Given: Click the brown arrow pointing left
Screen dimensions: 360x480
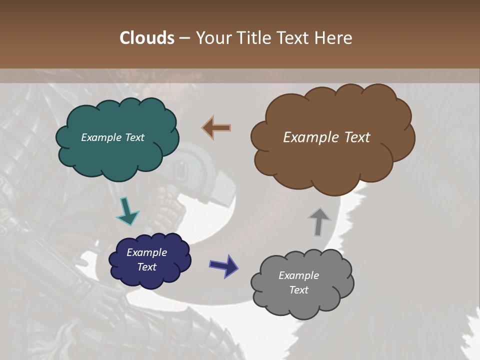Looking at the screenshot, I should [216, 127].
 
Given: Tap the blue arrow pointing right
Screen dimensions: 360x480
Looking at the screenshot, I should [223, 265].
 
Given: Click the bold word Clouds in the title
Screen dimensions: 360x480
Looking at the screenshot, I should [147, 38].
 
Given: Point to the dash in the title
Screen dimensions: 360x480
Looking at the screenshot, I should [185, 38].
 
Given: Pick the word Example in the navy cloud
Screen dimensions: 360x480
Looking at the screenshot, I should [146, 252].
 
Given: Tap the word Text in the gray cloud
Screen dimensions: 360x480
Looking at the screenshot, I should [298, 290].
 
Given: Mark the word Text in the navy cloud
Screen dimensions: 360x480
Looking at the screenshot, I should [146, 267].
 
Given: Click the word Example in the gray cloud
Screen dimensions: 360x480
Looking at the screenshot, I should [298, 275].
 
